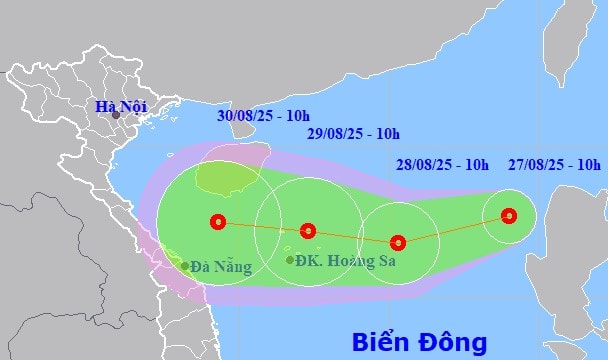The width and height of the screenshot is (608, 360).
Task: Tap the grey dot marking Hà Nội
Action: pyautogui.click(x=115, y=115)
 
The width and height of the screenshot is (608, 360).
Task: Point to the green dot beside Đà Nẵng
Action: pyautogui.click(x=185, y=266)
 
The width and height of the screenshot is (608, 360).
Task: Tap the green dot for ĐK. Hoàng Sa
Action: pyautogui.click(x=290, y=260)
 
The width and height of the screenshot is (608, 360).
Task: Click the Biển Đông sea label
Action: pyautogui.click(x=419, y=341)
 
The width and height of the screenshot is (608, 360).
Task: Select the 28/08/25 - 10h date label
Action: pyautogui.click(x=442, y=164)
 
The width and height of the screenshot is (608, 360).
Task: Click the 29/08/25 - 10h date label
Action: pyautogui.click(x=353, y=133)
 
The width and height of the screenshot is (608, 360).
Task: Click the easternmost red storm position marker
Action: pyautogui.click(x=509, y=215)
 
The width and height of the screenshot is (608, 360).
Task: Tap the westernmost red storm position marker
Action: pyautogui.click(x=218, y=222)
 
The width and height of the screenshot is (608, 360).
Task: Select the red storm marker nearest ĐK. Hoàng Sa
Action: pyautogui.click(x=308, y=230)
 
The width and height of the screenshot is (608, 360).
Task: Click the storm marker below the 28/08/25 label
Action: pyautogui.click(x=398, y=242)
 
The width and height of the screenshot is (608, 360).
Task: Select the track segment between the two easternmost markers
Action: pyautogui.click(x=453, y=229)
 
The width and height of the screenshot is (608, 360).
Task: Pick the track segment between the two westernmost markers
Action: pyautogui.click(x=263, y=226)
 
